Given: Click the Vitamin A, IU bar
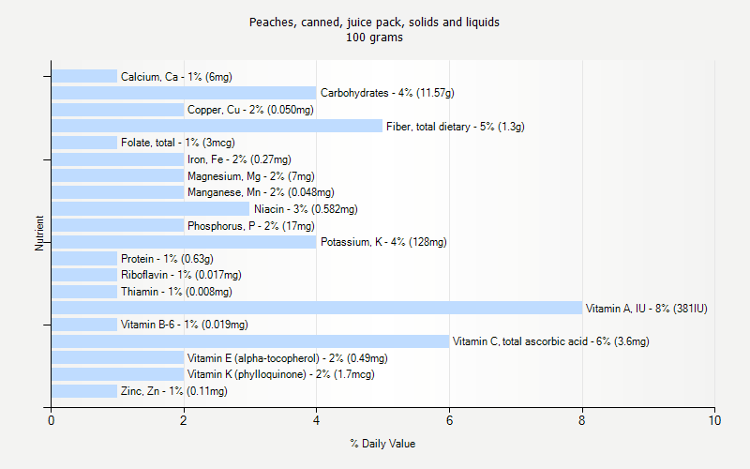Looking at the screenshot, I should pos(316,308).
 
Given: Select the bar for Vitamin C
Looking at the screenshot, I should pos(250,341).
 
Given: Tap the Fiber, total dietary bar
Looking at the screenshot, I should pos(217,126).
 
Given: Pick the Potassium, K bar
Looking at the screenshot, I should pos(184,242).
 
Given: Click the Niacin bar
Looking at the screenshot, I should pos(150,209).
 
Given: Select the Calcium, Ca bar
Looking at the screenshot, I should pos(84,76).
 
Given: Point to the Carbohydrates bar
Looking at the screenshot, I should pos(184,93).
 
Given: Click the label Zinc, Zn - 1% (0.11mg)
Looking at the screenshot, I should pos(173,391).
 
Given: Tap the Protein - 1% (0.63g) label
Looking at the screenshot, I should pos(167,259).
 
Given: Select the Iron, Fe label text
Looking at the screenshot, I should pos(239,159).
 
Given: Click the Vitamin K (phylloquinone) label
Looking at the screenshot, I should pos(281,374).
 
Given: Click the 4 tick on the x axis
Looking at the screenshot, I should pos(317,421).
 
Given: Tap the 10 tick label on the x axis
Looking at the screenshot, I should pos(715,421).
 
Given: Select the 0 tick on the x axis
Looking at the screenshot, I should pos(52,421).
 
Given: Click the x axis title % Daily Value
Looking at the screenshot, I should pos(382,444).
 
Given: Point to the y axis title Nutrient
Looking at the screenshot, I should pos(39,234).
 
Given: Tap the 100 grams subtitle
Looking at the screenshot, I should pos(375,38).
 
